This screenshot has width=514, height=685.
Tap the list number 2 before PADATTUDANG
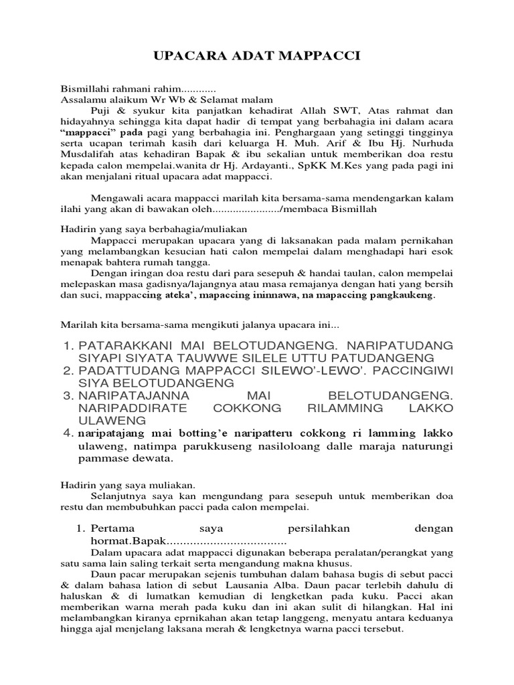pyautogui.click(x=66, y=370)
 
